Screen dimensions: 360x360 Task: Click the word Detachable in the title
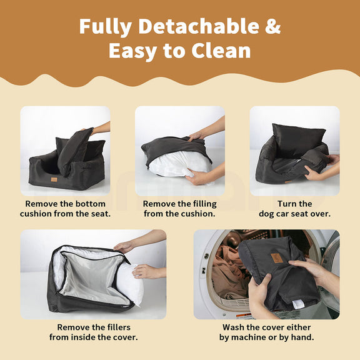click(x=199, y=26)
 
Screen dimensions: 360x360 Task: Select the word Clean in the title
click(x=221, y=51)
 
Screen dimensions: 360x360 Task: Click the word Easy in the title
click(x=132, y=52)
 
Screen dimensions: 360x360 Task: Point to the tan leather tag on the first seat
click(x=54, y=179)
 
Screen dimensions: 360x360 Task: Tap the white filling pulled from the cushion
click(x=178, y=165)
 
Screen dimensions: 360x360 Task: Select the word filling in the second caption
click(x=204, y=204)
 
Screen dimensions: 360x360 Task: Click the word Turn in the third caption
click(x=286, y=204)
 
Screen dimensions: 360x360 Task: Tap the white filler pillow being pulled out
click(x=130, y=285)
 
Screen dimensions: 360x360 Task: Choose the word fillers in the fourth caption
click(x=116, y=327)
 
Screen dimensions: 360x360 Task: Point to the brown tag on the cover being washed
click(x=276, y=258)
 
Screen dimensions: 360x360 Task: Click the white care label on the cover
click(x=296, y=304)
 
